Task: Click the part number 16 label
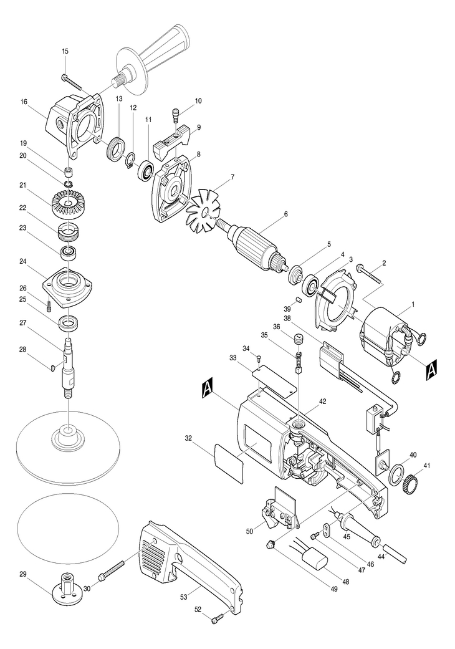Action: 22,100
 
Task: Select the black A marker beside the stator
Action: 431,368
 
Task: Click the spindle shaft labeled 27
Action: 68,367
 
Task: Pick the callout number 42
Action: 322,401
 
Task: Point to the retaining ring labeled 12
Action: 131,161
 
